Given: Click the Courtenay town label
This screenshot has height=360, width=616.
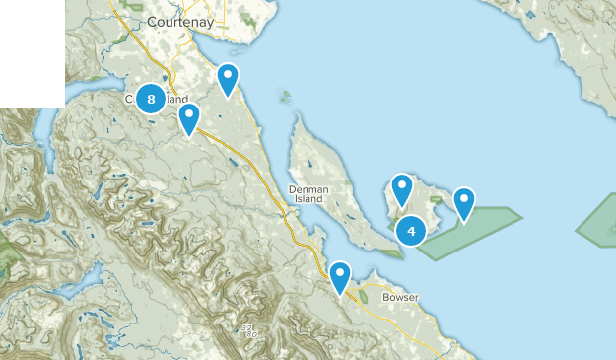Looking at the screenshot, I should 173,21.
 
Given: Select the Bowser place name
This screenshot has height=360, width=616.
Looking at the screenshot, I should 401,297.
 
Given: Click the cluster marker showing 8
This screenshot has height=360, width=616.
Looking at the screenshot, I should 150,98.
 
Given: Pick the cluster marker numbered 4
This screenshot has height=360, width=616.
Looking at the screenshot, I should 410,231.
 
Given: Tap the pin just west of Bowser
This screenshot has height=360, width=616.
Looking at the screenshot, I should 340,276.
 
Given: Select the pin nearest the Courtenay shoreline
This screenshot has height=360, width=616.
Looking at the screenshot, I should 228,78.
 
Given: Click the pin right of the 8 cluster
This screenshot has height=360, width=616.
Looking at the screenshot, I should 188,117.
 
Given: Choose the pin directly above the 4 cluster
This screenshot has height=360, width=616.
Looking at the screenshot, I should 401,187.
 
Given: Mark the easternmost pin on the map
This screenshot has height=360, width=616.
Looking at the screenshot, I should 463,202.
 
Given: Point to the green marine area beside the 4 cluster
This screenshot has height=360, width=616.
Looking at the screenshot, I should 473,232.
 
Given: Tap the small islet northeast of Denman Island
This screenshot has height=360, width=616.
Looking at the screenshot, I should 286,97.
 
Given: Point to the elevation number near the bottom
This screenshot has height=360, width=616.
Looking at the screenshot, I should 248,329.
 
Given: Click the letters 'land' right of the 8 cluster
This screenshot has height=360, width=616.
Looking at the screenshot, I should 177,99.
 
